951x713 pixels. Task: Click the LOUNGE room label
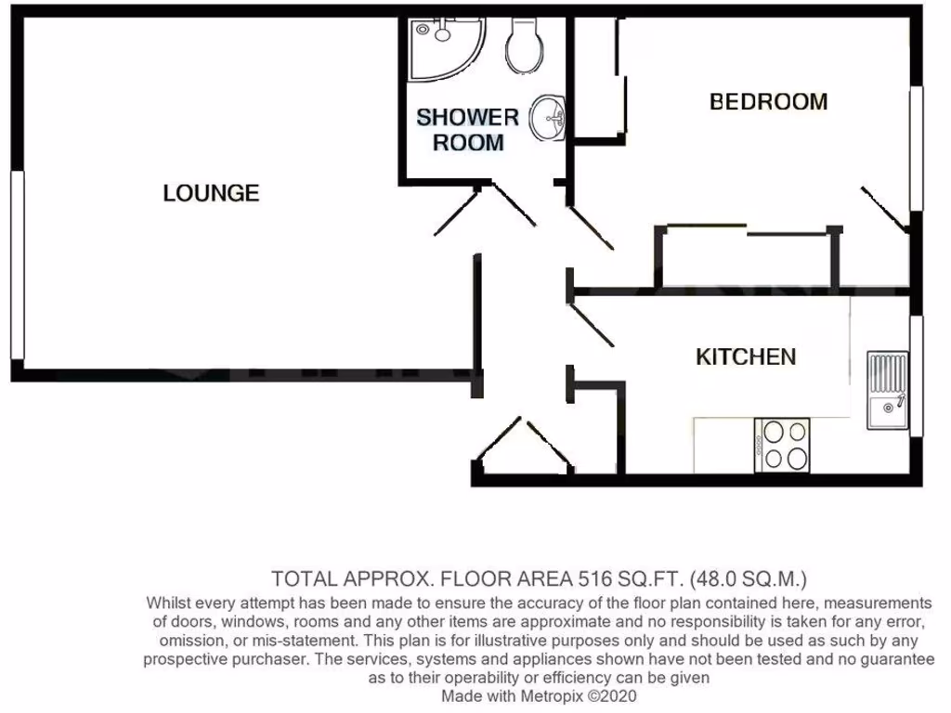[211, 193]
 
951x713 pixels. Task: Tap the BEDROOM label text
[768, 101]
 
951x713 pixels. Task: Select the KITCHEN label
[746, 356]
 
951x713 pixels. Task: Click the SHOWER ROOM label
[468, 130]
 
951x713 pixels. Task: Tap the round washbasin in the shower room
[550, 118]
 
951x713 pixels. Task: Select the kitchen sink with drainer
[888, 390]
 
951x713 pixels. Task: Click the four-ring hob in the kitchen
[784, 445]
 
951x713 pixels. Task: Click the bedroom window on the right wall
[917, 149]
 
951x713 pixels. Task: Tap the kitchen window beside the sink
[917, 376]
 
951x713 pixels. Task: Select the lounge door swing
[455, 213]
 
